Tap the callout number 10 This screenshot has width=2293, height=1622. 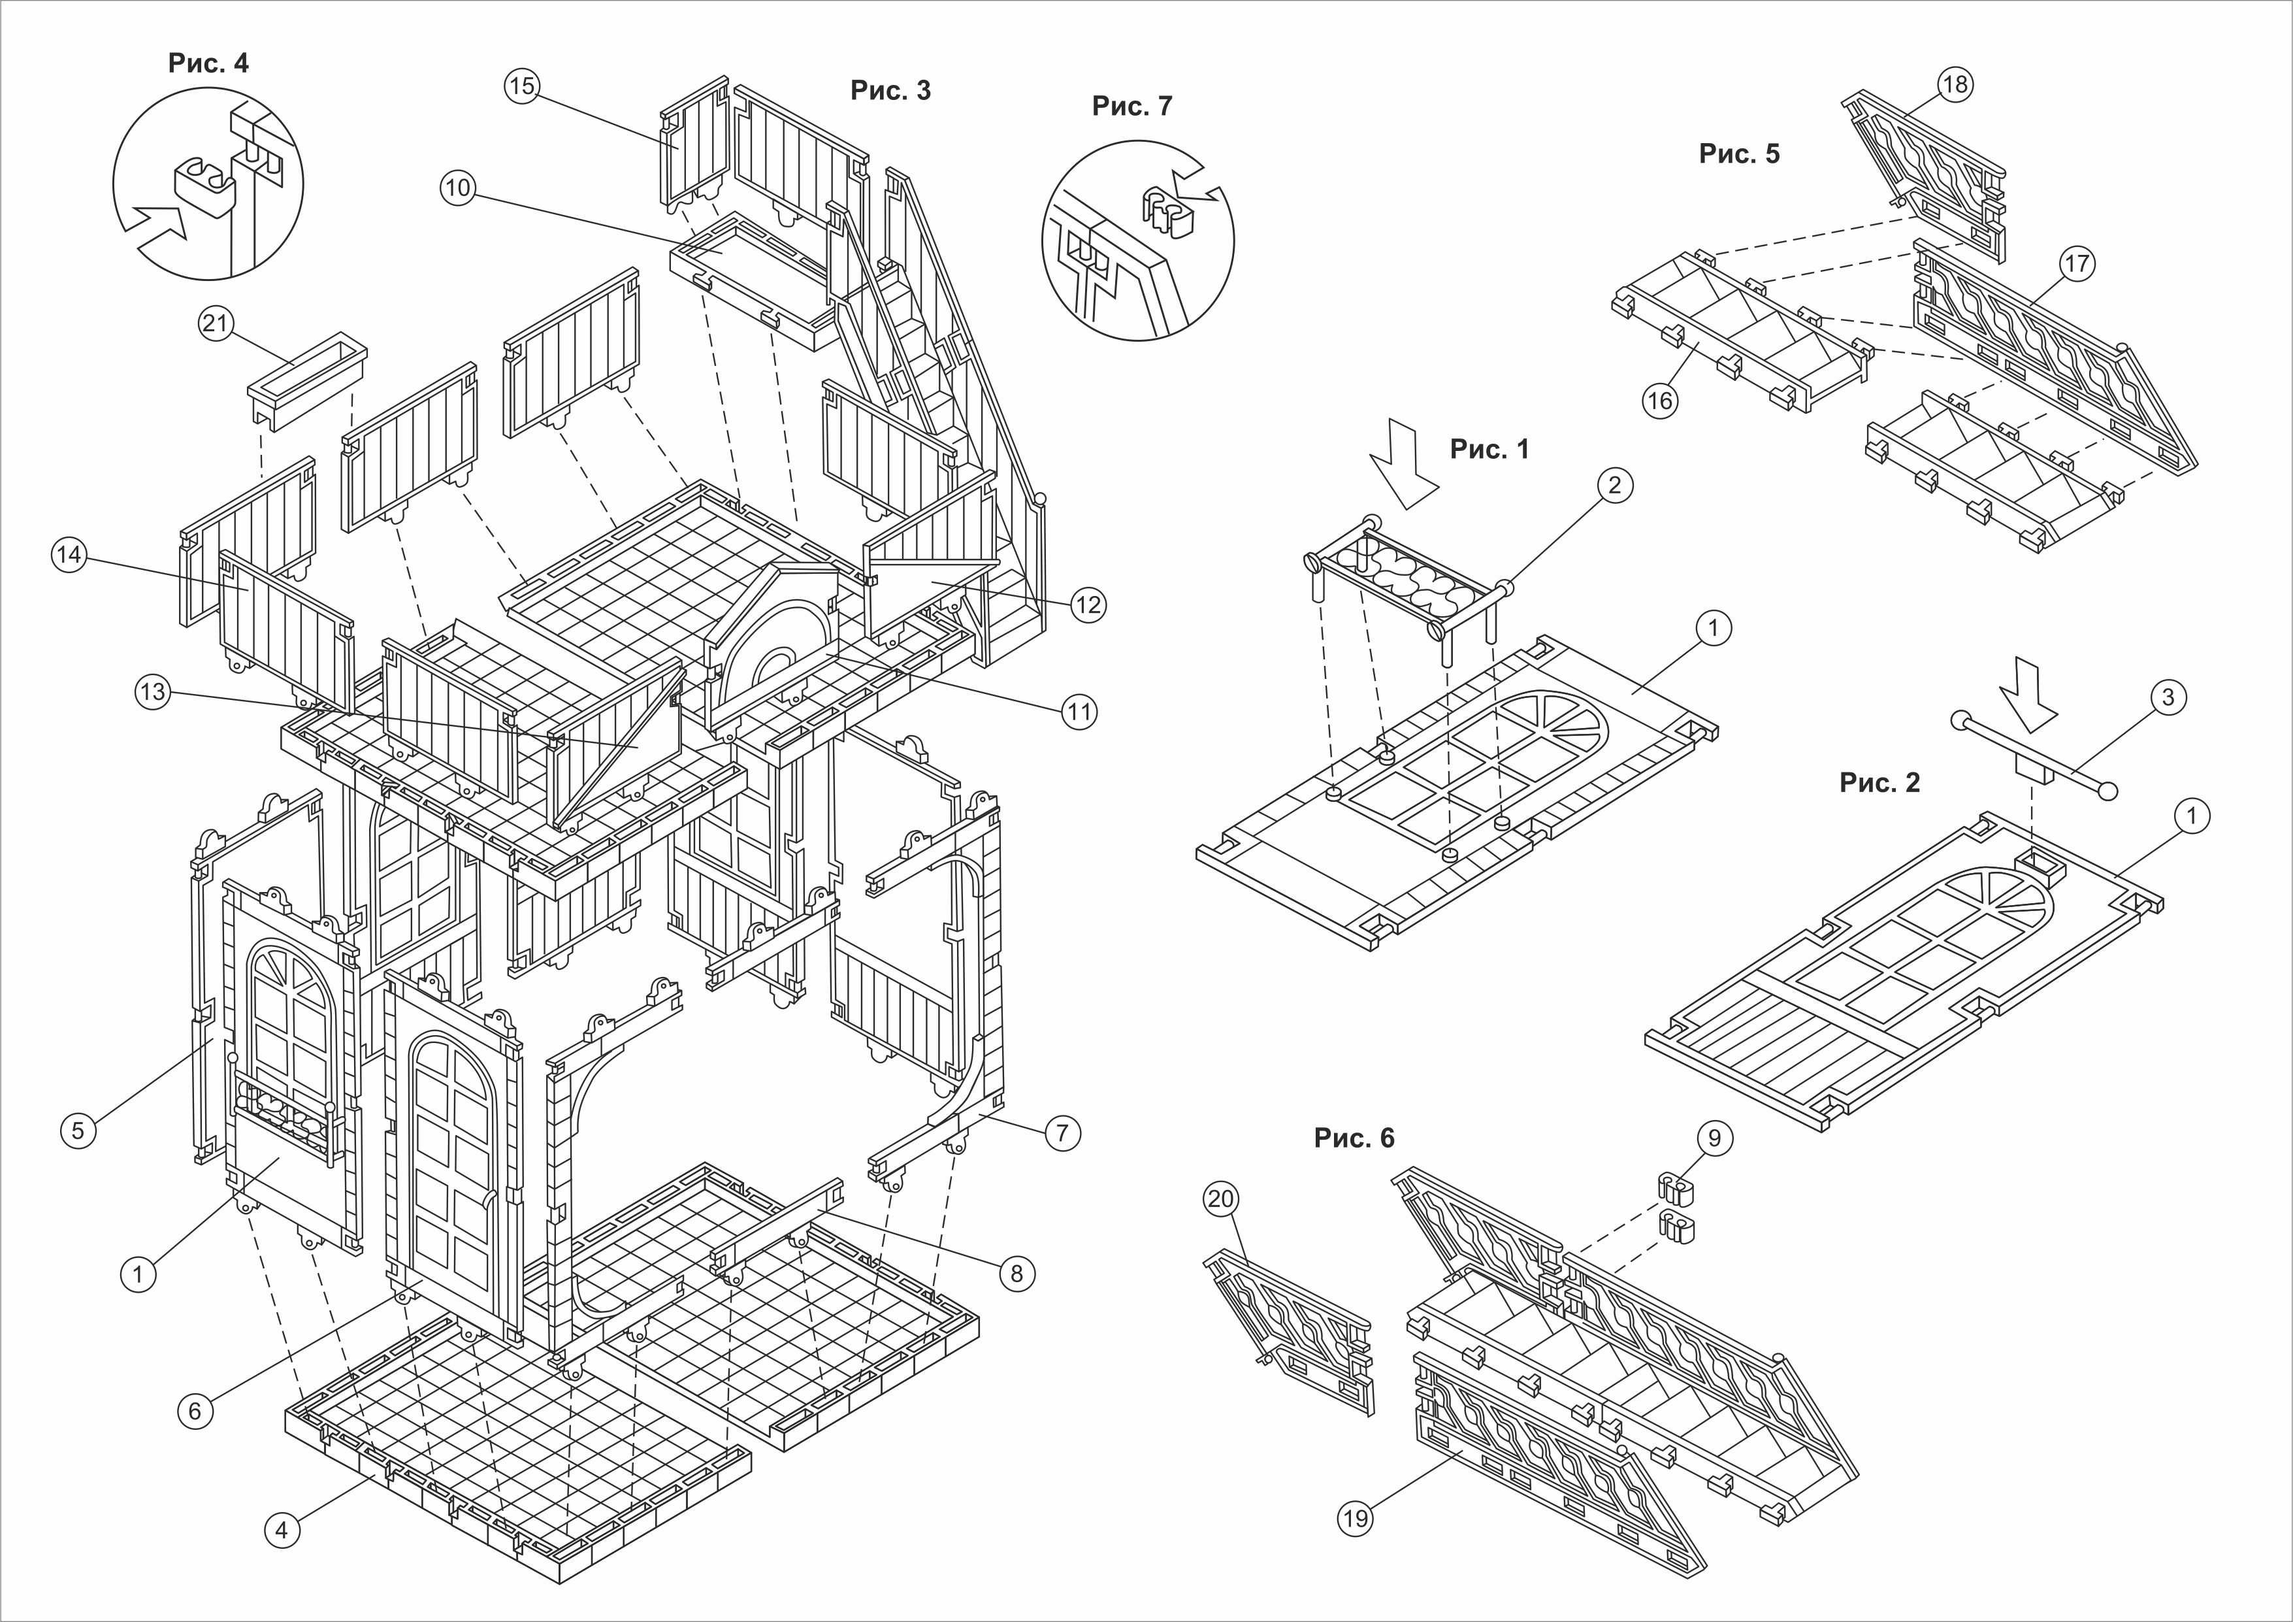pyautogui.click(x=459, y=189)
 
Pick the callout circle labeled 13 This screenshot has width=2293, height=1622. pyautogui.click(x=154, y=693)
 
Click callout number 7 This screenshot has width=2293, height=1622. pyautogui.click(x=1062, y=1133)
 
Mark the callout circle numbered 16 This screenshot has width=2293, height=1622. pyautogui.click(x=1660, y=401)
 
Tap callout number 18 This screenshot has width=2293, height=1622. pyautogui.click(x=1955, y=85)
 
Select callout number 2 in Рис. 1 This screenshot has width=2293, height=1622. pyautogui.click(x=1615, y=486)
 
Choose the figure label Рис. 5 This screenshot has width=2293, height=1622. pyautogui.click(x=1739, y=154)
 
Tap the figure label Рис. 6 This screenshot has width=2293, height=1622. pyautogui.click(x=1353, y=1138)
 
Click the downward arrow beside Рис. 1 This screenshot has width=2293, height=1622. pyautogui.click(x=1403, y=467)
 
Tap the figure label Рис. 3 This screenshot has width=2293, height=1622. pyautogui.click(x=890, y=91)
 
